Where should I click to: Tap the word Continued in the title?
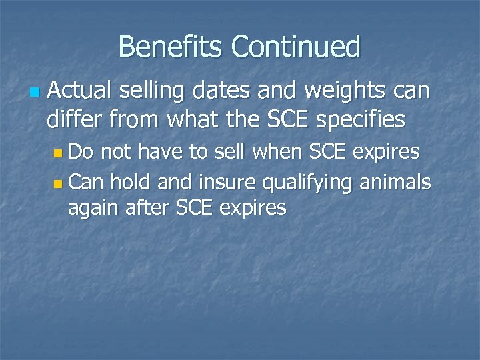(295, 47)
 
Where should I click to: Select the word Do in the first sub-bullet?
(81, 152)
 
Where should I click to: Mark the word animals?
(395, 181)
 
